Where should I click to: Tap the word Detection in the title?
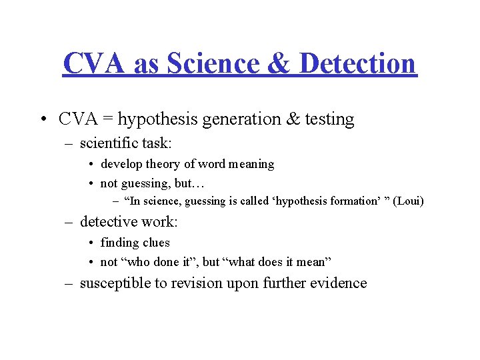tap(357, 63)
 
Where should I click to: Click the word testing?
tap(329, 119)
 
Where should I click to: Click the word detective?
tap(109, 221)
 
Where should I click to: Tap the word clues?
tap(155, 243)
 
